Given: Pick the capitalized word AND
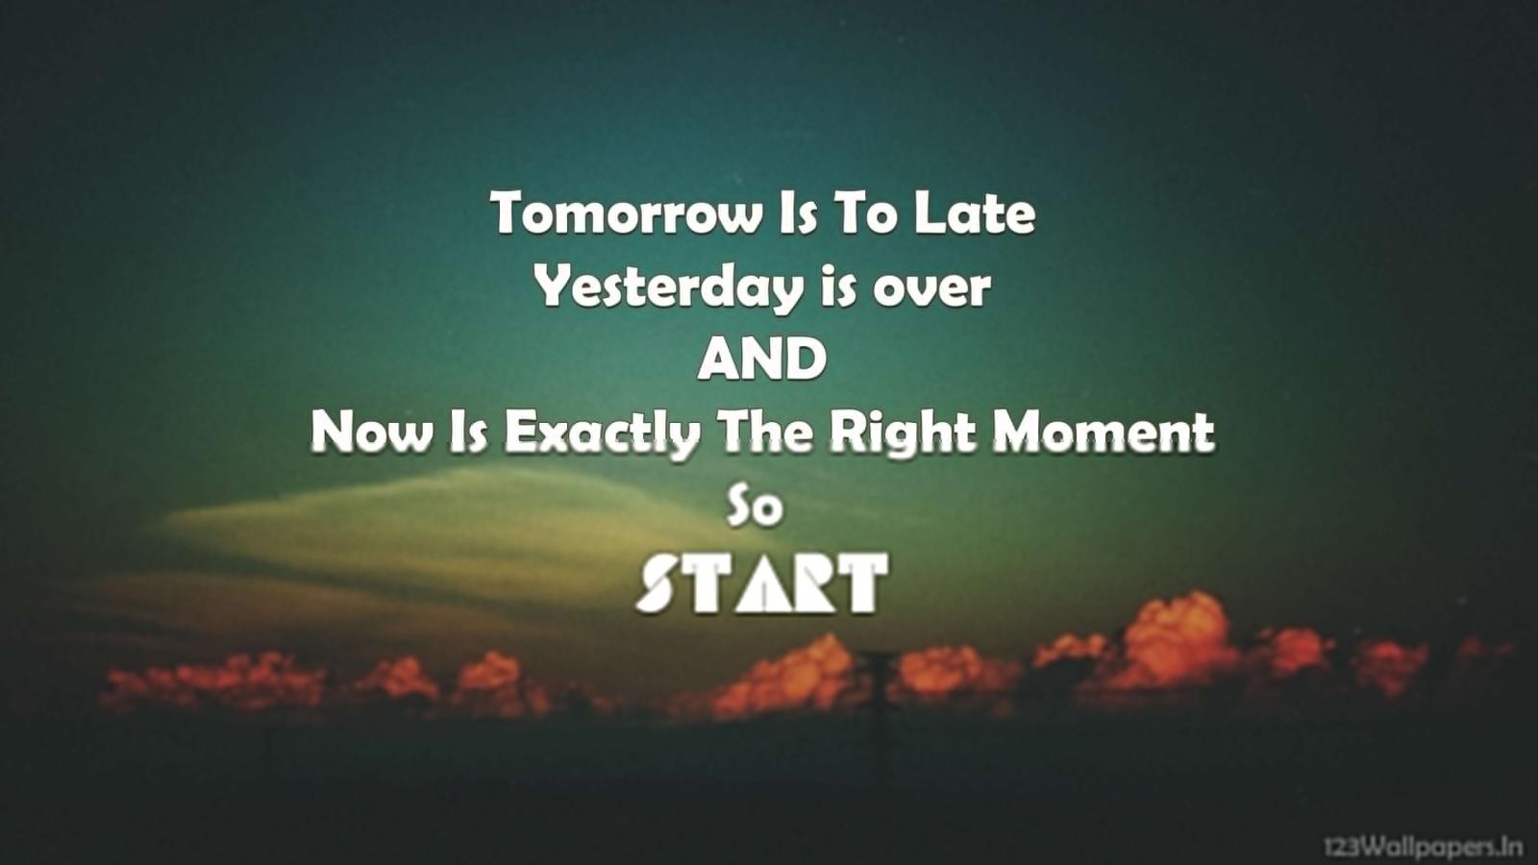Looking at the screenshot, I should [x=761, y=359].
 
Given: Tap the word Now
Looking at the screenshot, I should [x=371, y=432].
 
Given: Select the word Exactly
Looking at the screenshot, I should [x=602, y=433].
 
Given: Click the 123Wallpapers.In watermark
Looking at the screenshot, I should [x=1423, y=847].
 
